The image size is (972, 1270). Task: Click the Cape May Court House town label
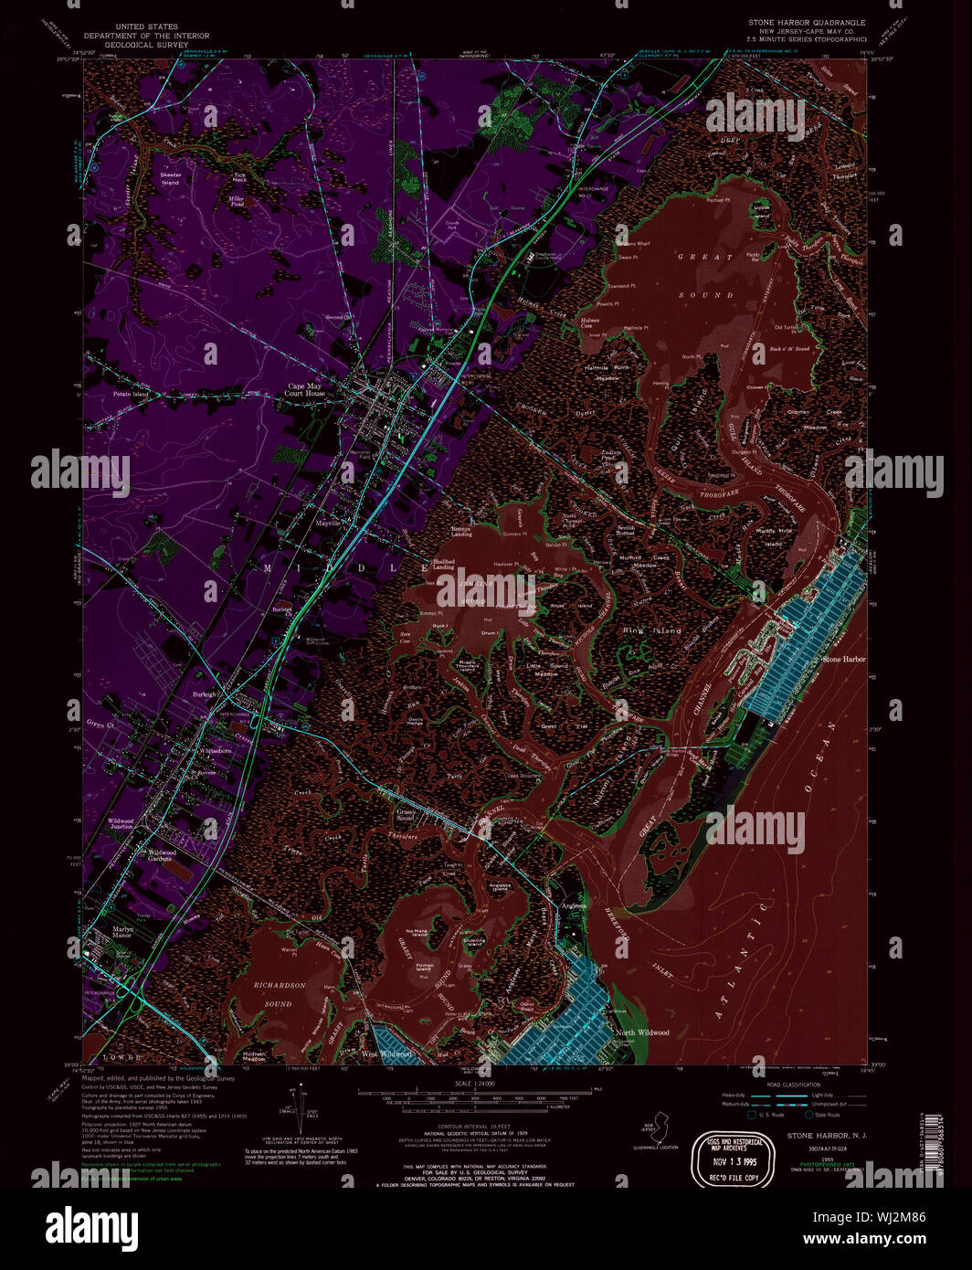point(305,389)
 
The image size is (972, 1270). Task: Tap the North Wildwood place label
point(642,1032)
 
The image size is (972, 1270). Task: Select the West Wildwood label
point(386,1054)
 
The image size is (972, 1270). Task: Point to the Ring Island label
point(652,630)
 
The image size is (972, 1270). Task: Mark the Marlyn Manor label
point(123,932)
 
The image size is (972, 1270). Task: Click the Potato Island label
point(131,394)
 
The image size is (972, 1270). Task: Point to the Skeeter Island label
point(171,178)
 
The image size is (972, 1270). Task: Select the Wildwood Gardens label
point(160,855)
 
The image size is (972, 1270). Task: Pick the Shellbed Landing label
point(444,565)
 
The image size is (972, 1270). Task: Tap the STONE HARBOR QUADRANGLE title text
point(807,22)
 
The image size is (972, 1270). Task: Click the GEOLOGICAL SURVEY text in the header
point(135,44)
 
